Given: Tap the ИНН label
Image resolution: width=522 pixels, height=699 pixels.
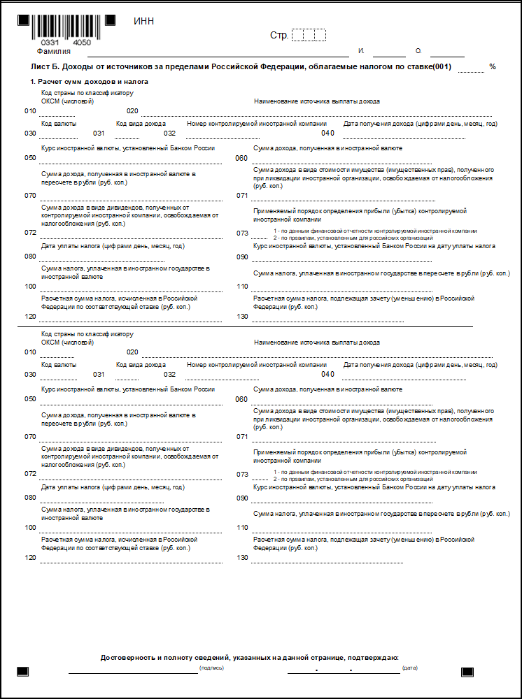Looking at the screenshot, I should (x=143, y=21).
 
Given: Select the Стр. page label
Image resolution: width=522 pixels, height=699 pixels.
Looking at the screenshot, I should (x=278, y=35).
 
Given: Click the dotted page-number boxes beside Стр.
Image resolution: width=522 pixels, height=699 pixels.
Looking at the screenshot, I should (x=309, y=35).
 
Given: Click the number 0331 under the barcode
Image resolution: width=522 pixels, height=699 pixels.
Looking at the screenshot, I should (x=50, y=43).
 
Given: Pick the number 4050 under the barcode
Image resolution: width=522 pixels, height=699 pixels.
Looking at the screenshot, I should (x=81, y=43).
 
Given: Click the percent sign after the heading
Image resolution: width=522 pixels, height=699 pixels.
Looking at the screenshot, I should (x=493, y=66).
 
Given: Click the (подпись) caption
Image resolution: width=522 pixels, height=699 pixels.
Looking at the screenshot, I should (x=211, y=668).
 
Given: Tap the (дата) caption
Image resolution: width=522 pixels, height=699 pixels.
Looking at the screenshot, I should (x=410, y=668).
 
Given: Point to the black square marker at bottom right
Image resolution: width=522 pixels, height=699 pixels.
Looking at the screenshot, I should (x=467, y=672).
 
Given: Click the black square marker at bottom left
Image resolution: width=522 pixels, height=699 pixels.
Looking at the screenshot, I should (x=23, y=672).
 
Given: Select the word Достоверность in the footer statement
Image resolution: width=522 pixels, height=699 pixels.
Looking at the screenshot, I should (x=127, y=657).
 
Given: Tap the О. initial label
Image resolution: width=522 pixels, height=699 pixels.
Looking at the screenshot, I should (x=418, y=51).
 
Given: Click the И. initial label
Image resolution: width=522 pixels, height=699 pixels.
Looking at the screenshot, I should (x=361, y=51).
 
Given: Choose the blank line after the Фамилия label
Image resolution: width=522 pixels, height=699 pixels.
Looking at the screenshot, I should (x=217, y=55).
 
